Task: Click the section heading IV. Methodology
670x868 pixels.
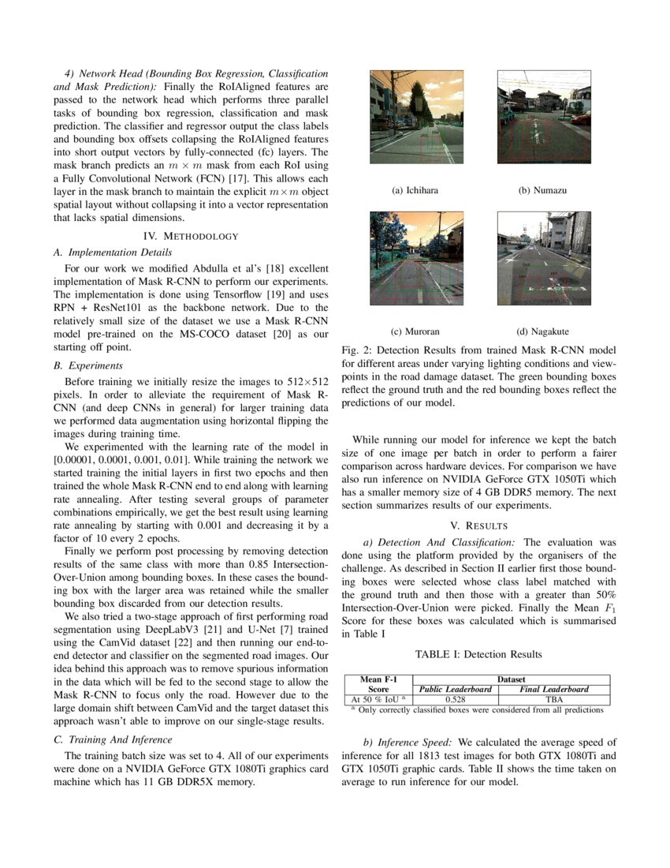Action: point(190,236)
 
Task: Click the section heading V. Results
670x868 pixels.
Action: point(478,526)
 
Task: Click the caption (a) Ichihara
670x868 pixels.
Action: point(415,191)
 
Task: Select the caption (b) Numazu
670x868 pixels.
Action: point(542,191)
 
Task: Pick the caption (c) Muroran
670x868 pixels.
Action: point(415,331)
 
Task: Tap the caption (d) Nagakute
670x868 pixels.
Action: point(542,331)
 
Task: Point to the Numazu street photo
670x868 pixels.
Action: point(543,117)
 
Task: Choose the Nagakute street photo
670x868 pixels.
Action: point(543,258)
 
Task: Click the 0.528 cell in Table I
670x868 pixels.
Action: point(456,699)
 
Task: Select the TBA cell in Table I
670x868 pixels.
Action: point(553,699)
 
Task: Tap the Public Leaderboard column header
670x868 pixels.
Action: point(456,689)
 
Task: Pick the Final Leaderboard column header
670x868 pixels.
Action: point(553,689)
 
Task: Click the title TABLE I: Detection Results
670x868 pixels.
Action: point(478,654)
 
